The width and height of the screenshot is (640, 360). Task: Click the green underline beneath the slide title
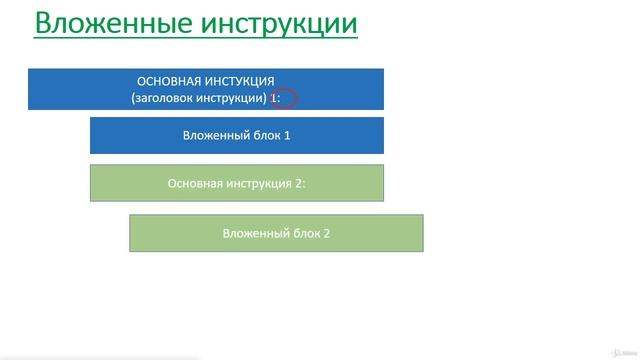pos(195,39)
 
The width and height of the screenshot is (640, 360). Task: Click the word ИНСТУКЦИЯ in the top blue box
pos(240,80)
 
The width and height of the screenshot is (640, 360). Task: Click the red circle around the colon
pos(286,98)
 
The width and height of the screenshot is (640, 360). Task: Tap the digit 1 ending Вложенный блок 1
pos(287,135)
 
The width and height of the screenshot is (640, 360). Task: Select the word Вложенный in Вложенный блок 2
pos(252,233)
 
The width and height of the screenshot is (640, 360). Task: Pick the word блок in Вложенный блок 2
pos(303,233)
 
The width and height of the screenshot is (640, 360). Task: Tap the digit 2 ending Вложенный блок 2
pos(326,233)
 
